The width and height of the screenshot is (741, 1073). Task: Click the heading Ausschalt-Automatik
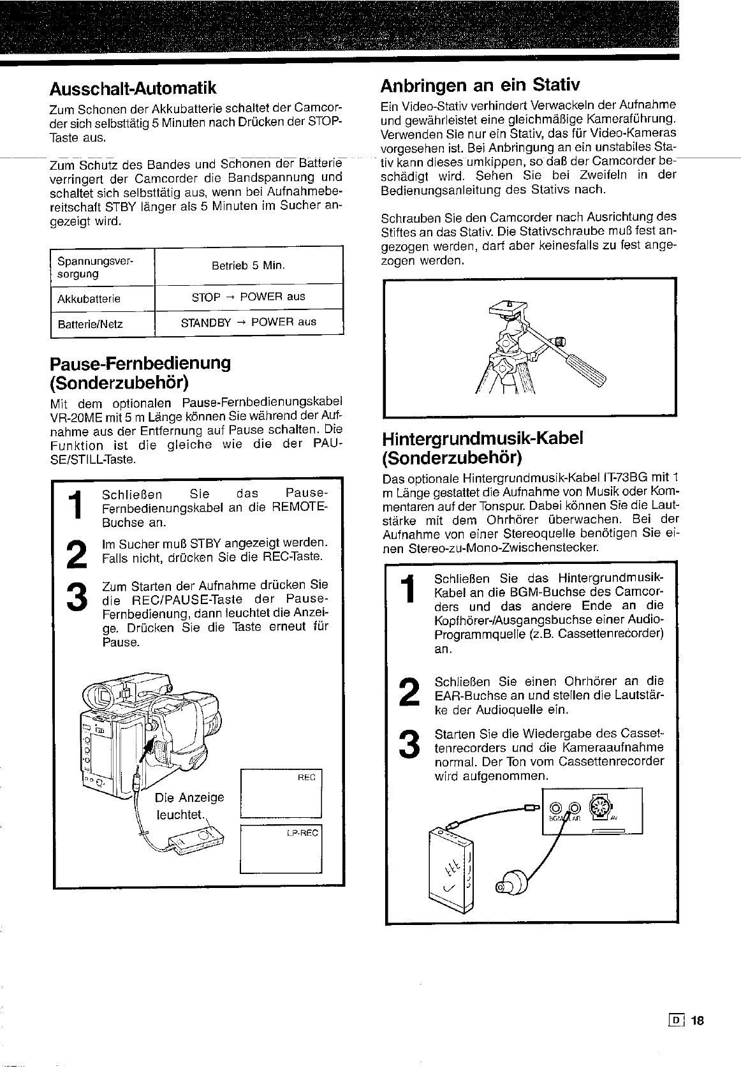[133, 87]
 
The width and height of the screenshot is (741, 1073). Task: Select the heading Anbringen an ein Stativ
[480, 85]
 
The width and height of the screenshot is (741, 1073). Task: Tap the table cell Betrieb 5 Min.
[248, 265]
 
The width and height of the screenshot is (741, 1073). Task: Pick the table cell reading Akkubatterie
[89, 299]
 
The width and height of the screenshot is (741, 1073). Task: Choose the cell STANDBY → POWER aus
[248, 322]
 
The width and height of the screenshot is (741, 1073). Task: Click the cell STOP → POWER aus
[248, 297]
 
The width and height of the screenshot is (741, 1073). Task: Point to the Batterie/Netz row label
[90, 324]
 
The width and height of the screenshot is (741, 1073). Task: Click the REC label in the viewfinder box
[306, 778]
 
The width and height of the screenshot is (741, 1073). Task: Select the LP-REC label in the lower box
[304, 833]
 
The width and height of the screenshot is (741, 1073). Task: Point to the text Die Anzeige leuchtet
[189, 806]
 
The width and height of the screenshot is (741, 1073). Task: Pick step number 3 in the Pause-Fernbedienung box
[77, 596]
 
